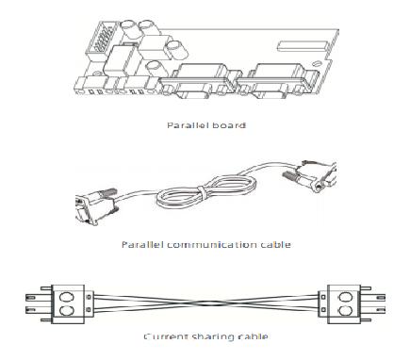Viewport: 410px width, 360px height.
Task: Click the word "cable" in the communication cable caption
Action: (272, 244)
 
